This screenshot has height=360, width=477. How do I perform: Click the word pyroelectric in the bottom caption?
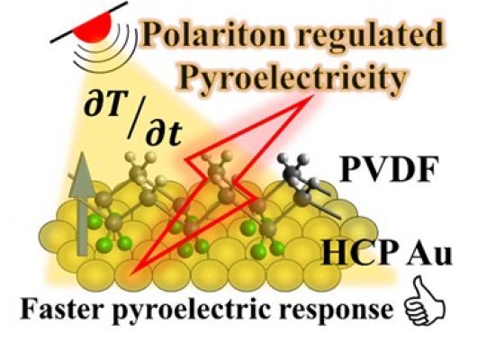[190, 310]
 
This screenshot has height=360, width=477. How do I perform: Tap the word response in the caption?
[336, 311]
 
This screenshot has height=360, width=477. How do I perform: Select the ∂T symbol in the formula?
[103, 107]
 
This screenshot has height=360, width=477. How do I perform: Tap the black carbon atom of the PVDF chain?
[303, 197]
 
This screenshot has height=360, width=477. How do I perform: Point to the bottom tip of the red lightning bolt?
[131, 274]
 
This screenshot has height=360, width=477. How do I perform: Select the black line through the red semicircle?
[89, 22]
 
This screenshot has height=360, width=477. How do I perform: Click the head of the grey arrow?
[82, 174]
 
